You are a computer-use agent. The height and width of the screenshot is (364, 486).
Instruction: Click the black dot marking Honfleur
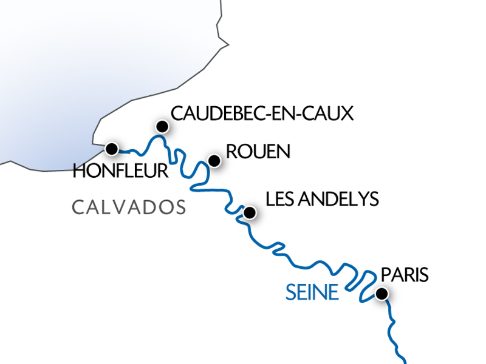tap(111, 149)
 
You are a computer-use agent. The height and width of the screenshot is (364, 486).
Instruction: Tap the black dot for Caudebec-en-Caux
tap(162, 126)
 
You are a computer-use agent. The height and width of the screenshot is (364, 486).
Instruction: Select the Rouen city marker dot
tap(214, 161)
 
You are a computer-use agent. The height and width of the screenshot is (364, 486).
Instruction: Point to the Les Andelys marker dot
tap(248, 213)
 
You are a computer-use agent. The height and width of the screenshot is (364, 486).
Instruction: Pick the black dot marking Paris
tap(382, 294)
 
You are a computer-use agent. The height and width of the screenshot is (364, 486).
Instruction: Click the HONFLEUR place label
tap(120, 172)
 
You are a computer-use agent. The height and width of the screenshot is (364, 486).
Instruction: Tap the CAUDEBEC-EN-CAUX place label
tap(262, 113)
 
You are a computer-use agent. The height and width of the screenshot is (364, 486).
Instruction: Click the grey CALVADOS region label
tap(129, 207)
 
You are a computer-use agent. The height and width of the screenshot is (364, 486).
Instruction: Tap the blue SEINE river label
tap(312, 294)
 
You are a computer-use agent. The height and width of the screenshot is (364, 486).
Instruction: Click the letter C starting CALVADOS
tap(77, 207)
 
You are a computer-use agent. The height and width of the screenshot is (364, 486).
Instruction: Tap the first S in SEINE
tap(290, 294)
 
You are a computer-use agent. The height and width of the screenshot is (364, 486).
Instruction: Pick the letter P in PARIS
tap(385, 275)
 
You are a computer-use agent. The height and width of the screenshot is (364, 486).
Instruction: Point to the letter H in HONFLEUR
tap(78, 172)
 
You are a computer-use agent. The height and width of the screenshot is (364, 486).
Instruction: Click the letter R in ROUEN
tap(231, 152)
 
